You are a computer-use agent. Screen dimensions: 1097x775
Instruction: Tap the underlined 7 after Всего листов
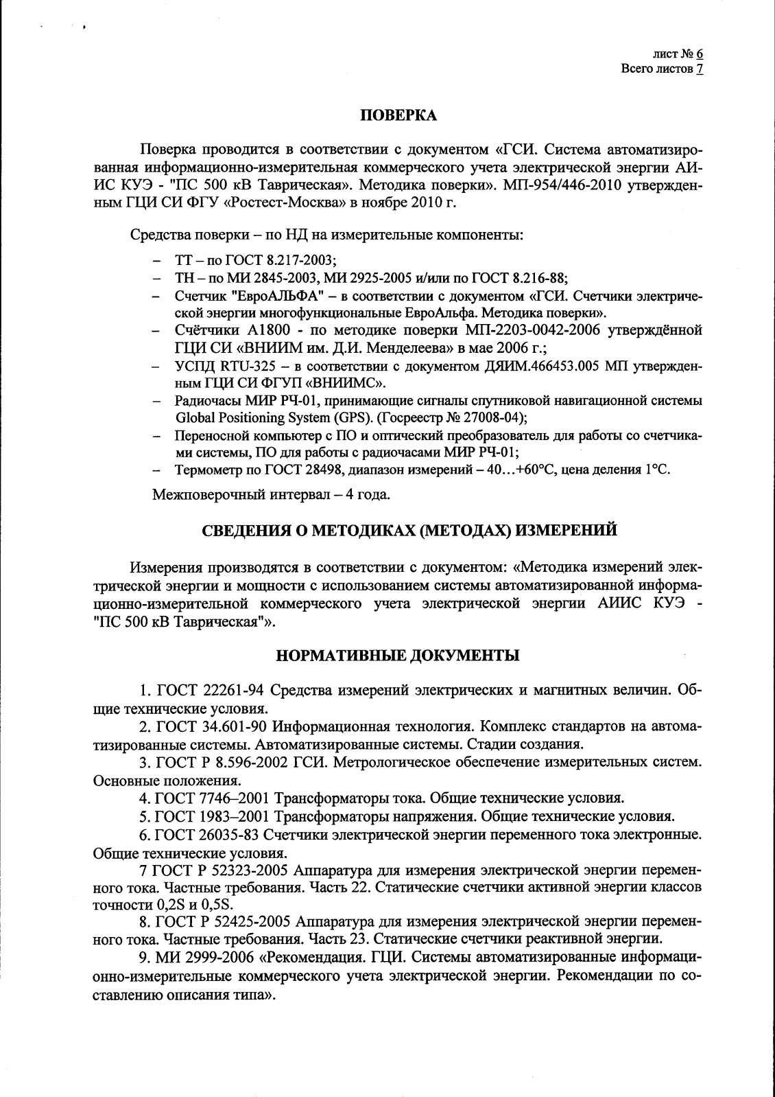pos(700,69)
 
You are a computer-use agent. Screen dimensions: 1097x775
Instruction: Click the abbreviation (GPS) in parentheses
pos(356,417)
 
